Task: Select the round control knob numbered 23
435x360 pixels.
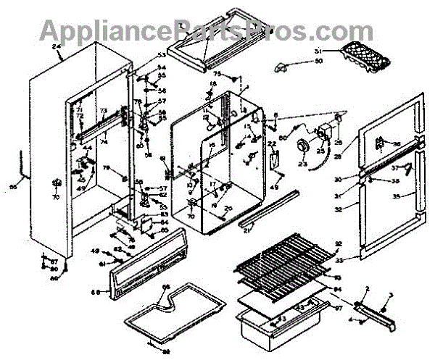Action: pyautogui.click(x=301, y=148)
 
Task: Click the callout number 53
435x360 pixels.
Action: pyautogui.click(x=161, y=56)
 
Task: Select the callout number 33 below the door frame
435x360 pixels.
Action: pyautogui.click(x=339, y=259)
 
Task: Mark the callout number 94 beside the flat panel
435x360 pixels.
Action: pyautogui.click(x=336, y=290)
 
